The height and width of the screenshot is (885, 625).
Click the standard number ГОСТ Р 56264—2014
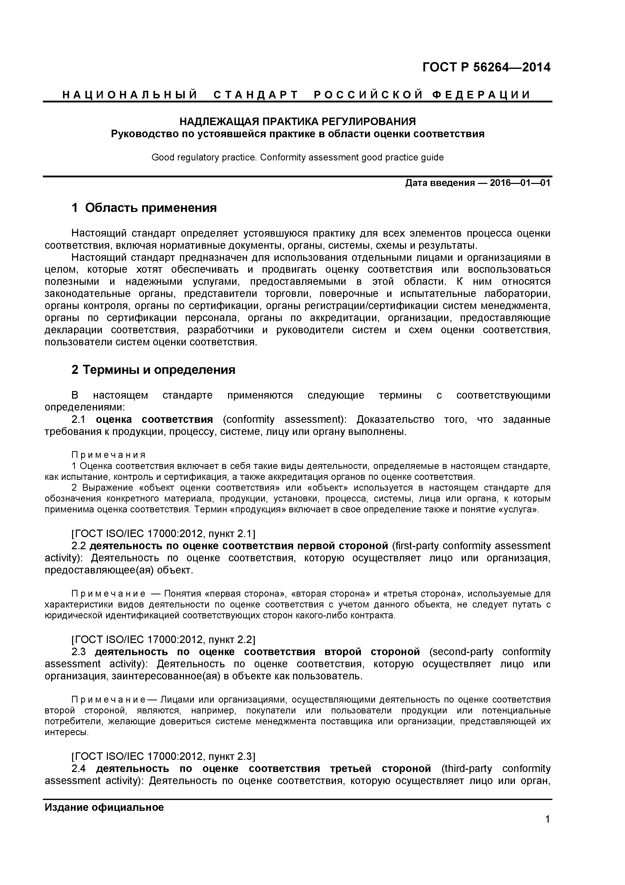(486, 67)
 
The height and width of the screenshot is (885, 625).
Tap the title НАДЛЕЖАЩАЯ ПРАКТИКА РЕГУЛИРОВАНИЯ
(298, 122)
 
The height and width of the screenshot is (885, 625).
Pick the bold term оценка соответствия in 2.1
(154, 419)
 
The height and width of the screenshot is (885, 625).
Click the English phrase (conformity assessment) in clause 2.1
(285, 419)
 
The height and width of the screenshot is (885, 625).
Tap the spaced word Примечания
(109, 455)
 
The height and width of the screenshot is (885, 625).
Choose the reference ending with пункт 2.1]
(163, 534)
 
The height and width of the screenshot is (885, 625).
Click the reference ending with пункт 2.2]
(163, 640)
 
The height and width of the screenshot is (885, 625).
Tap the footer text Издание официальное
(104, 807)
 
